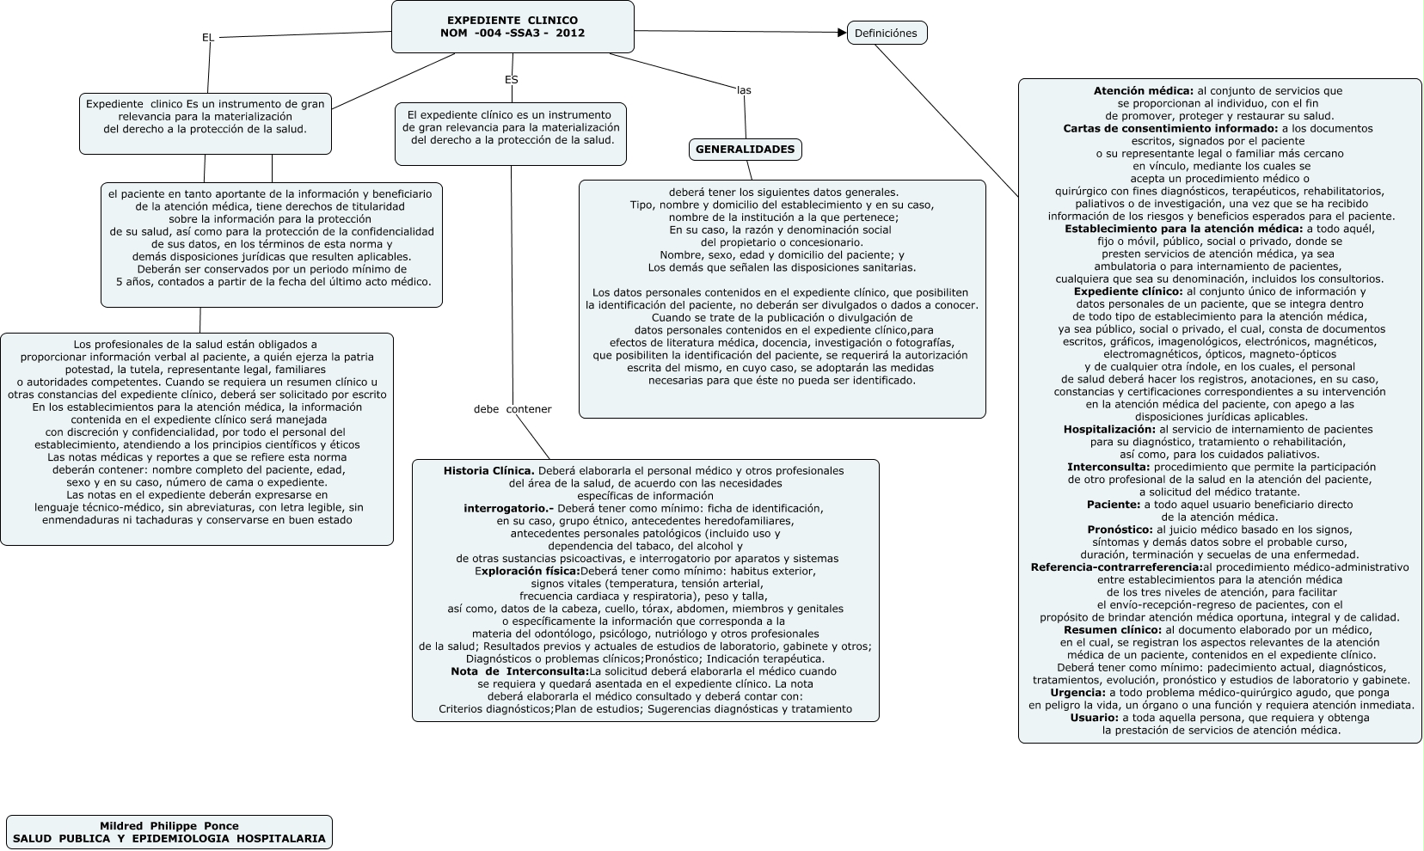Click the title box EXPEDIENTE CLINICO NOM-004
(513, 27)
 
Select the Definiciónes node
(887, 34)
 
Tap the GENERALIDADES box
(745, 150)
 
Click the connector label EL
(208, 38)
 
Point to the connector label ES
(512, 80)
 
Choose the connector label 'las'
(744, 90)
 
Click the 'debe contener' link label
(513, 409)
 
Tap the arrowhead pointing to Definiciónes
(842, 33)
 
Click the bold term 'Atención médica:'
(1143, 91)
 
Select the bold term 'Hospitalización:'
(1109, 430)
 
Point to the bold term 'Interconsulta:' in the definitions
(1108, 468)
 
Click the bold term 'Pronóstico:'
(1120, 530)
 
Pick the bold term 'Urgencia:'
(1077, 693)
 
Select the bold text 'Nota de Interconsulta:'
(519, 671)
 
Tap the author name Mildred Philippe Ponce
(169, 826)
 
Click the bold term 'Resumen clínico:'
(1113, 630)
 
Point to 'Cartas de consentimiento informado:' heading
(1170, 129)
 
